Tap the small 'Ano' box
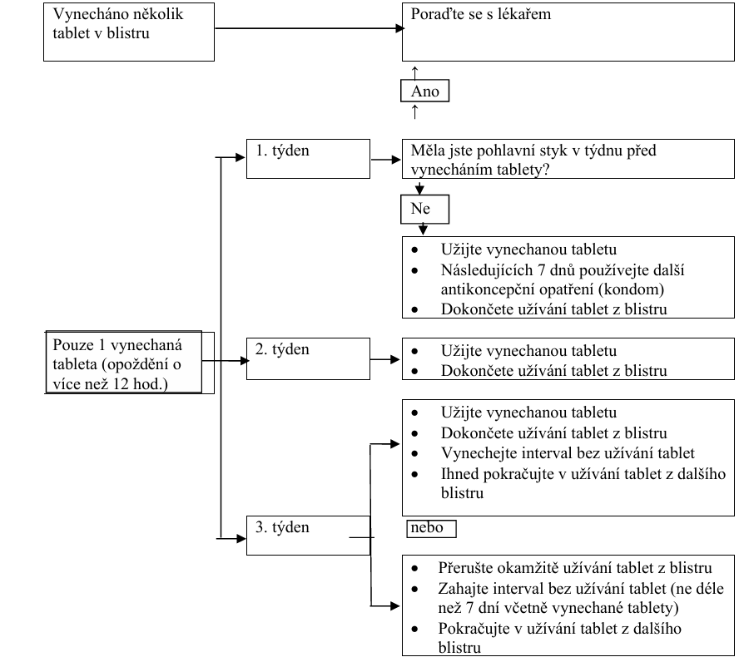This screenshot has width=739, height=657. [425, 91]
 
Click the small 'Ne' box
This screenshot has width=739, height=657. [424, 209]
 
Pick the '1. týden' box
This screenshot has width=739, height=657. [307, 158]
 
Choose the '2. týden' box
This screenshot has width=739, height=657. [307, 358]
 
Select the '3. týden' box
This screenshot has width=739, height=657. [307, 534]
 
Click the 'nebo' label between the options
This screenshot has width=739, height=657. [430, 528]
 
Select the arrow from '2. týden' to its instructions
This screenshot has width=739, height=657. [385, 359]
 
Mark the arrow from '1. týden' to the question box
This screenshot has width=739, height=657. [385, 158]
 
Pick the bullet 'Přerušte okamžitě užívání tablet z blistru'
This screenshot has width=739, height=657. [574, 569]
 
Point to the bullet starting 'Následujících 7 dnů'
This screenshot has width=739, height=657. [566, 280]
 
